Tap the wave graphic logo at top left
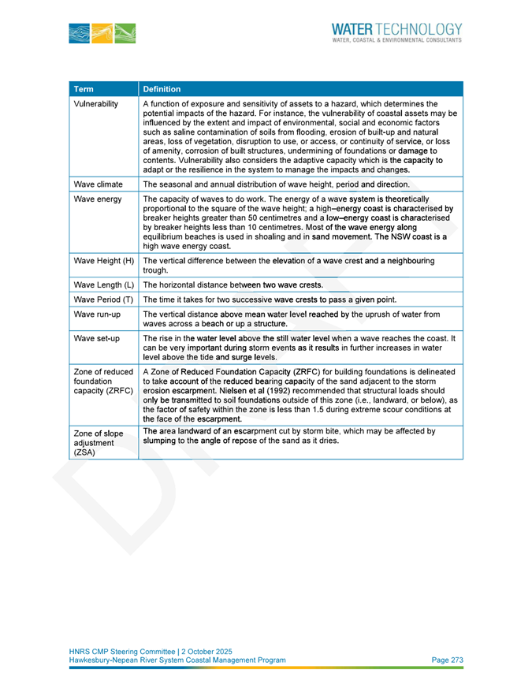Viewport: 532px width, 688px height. tap(102, 32)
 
